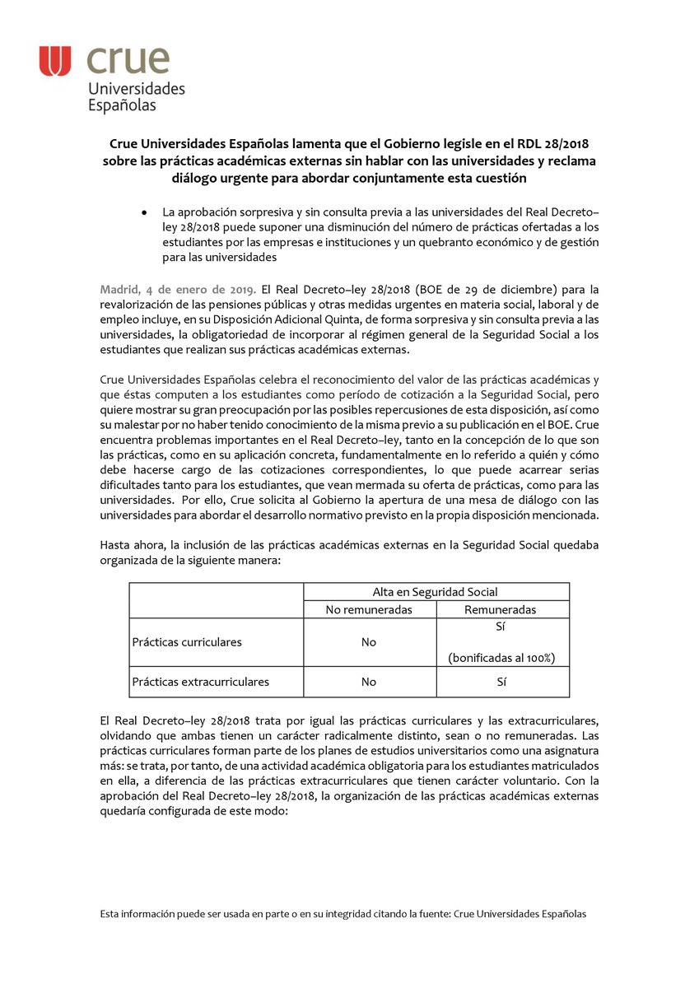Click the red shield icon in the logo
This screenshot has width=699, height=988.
(x=55, y=62)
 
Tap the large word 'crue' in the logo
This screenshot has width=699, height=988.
(x=128, y=60)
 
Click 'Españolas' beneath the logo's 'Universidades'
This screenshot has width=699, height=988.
(x=122, y=105)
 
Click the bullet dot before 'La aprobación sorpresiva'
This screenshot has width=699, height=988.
(x=145, y=212)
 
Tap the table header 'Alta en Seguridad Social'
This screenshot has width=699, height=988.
(x=435, y=591)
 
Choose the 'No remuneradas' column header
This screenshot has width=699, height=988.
(x=369, y=609)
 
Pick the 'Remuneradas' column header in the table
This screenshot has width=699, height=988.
(x=501, y=609)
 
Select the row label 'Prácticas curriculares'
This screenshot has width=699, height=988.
(x=187, y=641)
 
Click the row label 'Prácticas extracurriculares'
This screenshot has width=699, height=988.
(x=200, y=682)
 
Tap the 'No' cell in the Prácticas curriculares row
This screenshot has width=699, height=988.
(x=369, y=641)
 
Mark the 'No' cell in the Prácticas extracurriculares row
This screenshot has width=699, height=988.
(x=369, y=682)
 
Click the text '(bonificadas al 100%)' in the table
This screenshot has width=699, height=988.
(x=501, y=657)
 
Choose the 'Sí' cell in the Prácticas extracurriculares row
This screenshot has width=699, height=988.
(x=501, y=682)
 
